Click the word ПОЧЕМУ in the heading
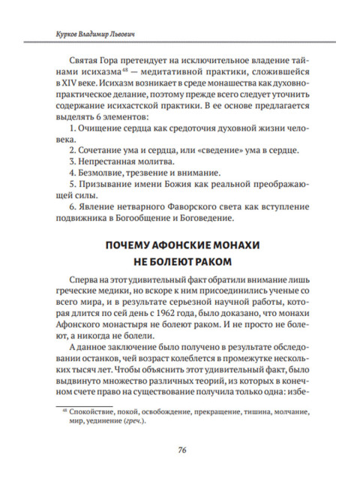point(128,247)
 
